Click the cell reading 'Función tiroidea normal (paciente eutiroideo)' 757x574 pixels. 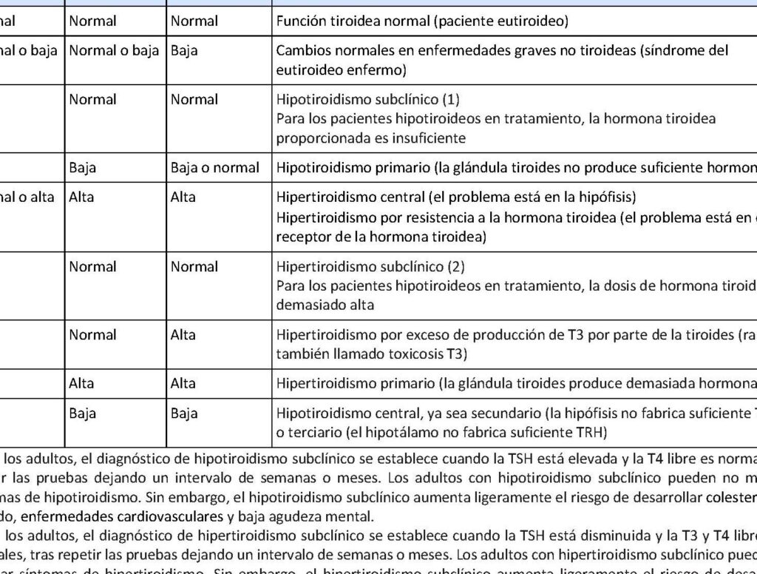pyautogui.click(x=422, y=21)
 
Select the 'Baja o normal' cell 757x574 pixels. pyautogui.click(x=214, y=167)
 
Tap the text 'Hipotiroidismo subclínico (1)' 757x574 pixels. pyautogui.click(x=358, y=99)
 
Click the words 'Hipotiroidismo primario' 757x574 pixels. pyautogui.click(x=344, y=167)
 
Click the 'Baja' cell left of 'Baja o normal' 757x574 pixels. pyautogui.click(x=82, y=167)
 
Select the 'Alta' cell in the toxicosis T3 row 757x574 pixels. pyautogui.click(x=183, y=334)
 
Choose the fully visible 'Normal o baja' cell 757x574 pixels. pyautogui.click(x=113, y=51)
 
